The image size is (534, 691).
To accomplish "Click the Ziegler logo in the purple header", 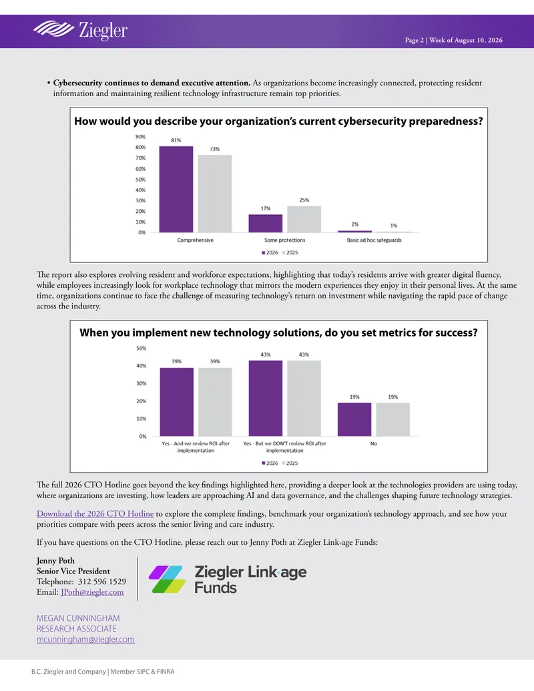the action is (80, 30).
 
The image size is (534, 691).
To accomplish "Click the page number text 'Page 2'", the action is (414, 40).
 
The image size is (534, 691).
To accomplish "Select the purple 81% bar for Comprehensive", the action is (176, 189).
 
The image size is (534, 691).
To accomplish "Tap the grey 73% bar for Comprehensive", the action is (214, 194).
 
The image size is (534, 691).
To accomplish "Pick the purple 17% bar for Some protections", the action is (265, 224).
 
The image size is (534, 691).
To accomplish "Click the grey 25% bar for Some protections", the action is (304, 219).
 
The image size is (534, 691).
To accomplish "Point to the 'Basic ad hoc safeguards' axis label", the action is (374, 240).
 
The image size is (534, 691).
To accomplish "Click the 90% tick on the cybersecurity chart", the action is (141, 137).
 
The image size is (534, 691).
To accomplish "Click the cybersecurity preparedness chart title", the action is (278, 122).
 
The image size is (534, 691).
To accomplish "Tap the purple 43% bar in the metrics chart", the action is (265, 399).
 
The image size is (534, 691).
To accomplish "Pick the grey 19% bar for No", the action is (393, 419).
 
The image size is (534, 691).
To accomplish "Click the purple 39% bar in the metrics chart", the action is (177, 402).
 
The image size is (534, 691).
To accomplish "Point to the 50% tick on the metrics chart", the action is (142, 348).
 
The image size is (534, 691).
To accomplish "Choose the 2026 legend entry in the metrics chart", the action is (270, 463).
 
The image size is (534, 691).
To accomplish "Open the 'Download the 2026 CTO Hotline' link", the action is (95, 514).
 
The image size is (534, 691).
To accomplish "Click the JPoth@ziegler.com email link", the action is (92, 592).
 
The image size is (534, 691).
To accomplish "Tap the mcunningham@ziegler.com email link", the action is (85, 640).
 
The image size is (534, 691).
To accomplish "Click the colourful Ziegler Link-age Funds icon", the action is (167, 580).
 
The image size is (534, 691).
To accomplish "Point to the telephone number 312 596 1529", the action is (101, 582).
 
